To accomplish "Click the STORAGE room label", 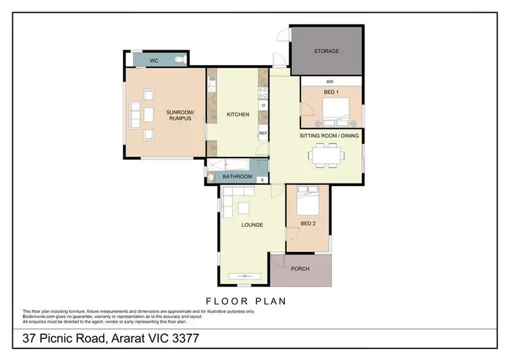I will pyautogui.click(x=326, y=51).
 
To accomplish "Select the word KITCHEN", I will pyautogui.click(x=238, y=114).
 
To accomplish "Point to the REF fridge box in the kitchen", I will pyautogui.click(x=263, y=134).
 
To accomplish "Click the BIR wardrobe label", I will pyautogui.click(x=329, y=82).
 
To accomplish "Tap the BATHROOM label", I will pyautogui.click(x=238, y=177).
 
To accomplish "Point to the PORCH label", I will pyautogui.click(x=300, y=269).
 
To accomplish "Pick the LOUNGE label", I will pyautogui.click(x=252, y=225).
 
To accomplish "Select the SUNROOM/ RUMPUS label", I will pyautogui.click(x=180, y=115).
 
